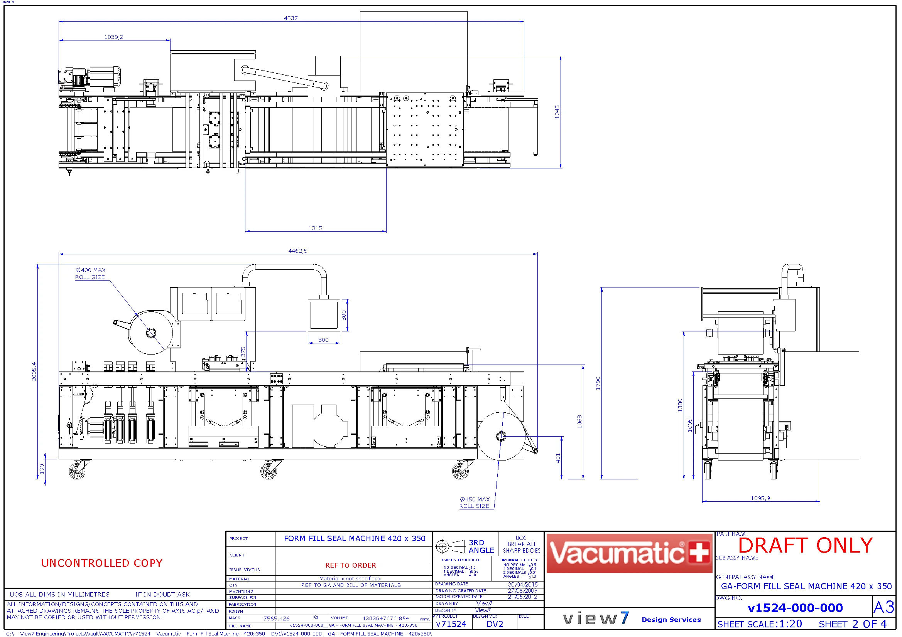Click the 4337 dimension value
pos(291,18)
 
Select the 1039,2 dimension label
pos(113,37)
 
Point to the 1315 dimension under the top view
pos(315,228)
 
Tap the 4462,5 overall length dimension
pos(298,251)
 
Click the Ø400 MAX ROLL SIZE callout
pos(90,274)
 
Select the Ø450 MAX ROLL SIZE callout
pos(475,503)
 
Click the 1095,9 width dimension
pos(760,498)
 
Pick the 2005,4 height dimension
pos(34,371)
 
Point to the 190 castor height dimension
pos(42,469)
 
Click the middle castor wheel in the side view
pos(269,471)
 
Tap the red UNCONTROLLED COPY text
pos(102,563)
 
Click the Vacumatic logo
pos(629,553)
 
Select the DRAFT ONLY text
pos(806,546)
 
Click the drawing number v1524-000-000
pos(795,608)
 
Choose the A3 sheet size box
pos(883,608)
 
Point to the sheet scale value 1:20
pos(791,624)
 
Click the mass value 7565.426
pos(277,619)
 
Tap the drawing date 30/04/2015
pos(522,585)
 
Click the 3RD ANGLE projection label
pos(481,546)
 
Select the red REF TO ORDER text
pos(350,565)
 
